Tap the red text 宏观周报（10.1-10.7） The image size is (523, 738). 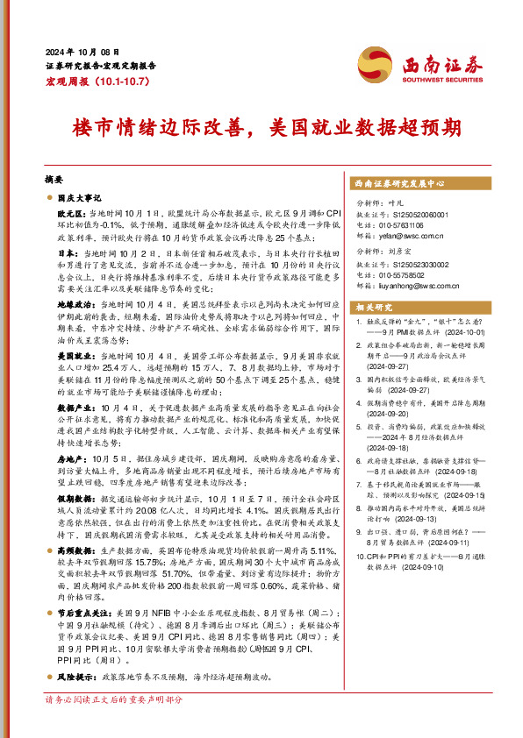(x=92, y=81)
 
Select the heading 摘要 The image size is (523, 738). (x=53, y=177)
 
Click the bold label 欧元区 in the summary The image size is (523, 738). (x=69, y=214)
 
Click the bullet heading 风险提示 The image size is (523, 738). (x=71, y=678)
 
